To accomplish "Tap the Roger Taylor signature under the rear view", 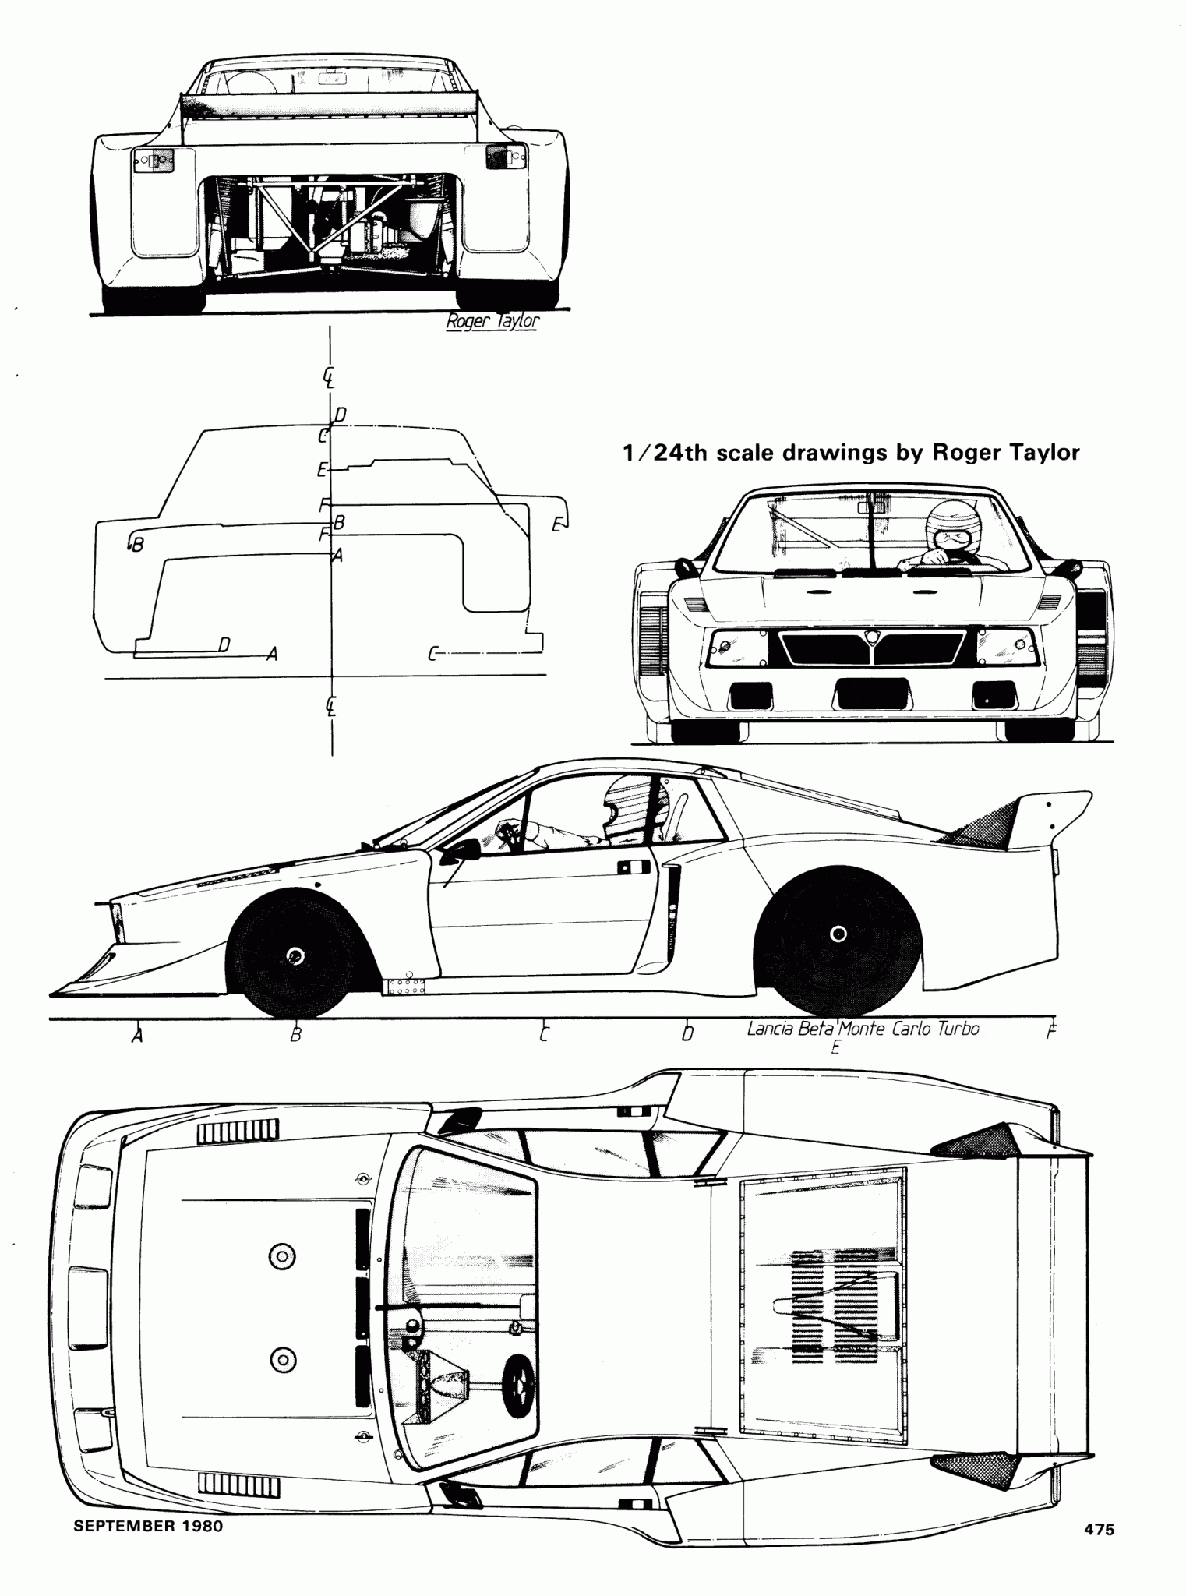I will [x=492, y=321].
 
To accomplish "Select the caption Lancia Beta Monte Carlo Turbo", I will [x=863, y=1029].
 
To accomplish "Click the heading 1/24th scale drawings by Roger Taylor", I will [x=850, y=453].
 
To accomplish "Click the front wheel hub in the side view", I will [x=295, y=955].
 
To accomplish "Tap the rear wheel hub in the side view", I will [x=838, y=934].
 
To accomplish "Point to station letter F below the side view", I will [x=1050, y=1033].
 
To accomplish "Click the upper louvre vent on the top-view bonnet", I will [x=238, y=1132].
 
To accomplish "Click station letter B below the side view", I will [x=295, y=1036].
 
